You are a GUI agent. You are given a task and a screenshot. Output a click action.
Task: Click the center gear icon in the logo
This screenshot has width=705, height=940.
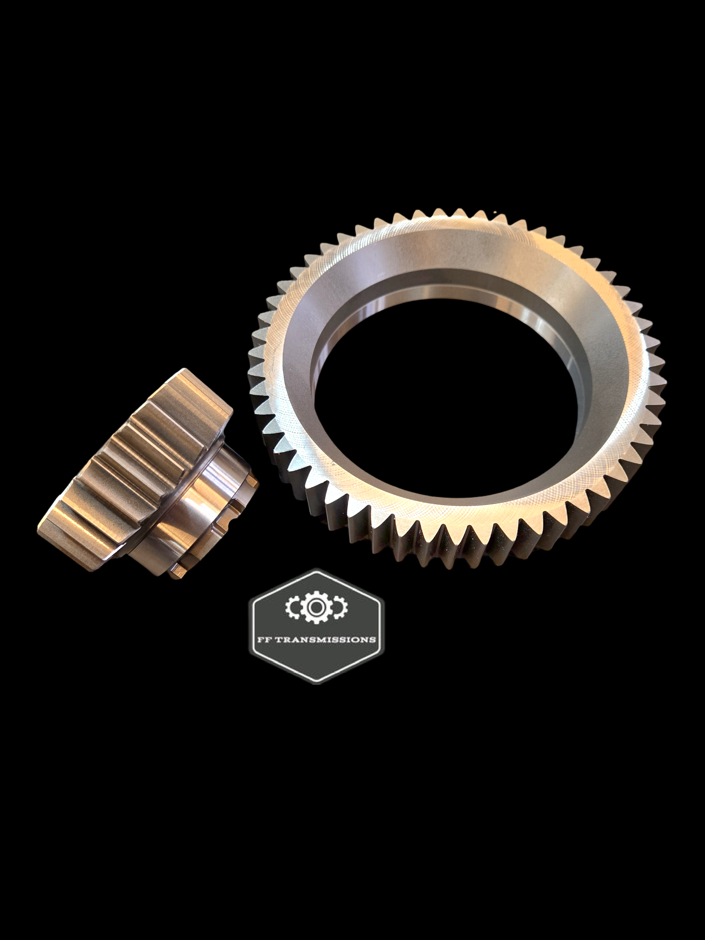314,608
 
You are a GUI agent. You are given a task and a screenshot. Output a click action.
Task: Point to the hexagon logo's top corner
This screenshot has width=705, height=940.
317,569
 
